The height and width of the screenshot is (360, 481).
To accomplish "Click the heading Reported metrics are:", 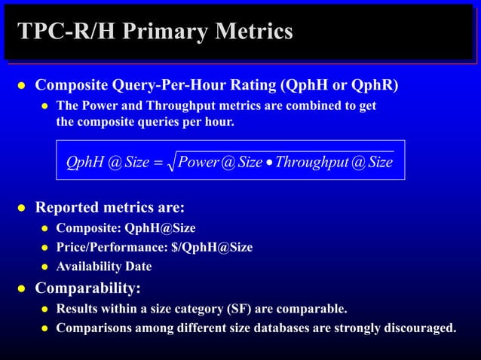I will (x=110, y=207).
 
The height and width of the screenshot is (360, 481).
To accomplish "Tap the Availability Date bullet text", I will (x=104, y=267).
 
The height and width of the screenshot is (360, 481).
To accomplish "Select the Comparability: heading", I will (x=88, y=288).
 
